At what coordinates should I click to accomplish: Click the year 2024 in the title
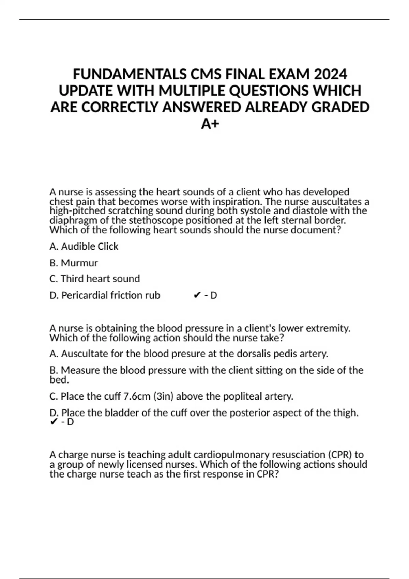coord(330,74)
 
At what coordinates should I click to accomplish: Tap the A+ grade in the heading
coord(210,124)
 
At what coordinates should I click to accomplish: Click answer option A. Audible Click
coord(84,246)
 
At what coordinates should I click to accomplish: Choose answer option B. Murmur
coord(74,263)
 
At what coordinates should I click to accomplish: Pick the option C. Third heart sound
coord(94,279)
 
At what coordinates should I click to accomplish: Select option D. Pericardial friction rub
coord(105,295)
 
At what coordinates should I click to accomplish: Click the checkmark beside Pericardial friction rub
coord(197,295)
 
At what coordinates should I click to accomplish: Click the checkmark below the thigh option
coord(54,422)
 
